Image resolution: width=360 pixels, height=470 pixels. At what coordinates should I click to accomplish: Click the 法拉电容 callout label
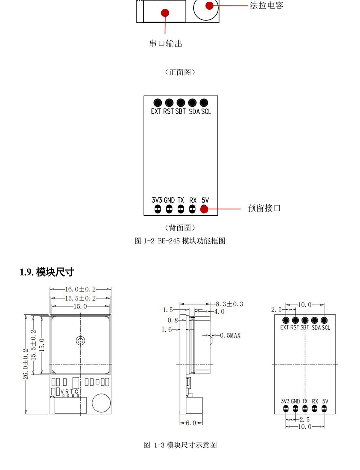tap(266, 5)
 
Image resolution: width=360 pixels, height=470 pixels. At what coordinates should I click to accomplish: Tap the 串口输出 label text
tap(166, 44)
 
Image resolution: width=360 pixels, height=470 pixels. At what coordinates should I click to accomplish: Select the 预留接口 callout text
tap(264, 208)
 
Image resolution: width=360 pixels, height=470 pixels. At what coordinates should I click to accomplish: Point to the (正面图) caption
tap(180, 72)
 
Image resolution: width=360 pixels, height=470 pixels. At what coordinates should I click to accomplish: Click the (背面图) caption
tap(180, 228)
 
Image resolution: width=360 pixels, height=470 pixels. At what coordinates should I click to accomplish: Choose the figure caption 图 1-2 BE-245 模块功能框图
tap(180, 241)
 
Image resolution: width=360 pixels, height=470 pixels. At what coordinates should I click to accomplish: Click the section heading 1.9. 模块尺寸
tap(47, 272)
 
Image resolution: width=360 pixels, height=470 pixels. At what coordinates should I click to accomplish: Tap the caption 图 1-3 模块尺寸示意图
tap(180, 445)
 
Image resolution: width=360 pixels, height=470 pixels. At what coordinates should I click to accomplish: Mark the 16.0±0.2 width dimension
tap(80, 289)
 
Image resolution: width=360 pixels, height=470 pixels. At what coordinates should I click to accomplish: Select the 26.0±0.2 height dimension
tap(26, 364)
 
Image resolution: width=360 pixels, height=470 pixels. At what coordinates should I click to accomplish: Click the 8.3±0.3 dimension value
tap(229, 304)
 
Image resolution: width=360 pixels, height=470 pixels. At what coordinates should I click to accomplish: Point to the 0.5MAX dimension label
tap(230, 335)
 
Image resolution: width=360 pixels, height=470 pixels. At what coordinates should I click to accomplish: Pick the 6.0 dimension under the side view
tap(191, 423)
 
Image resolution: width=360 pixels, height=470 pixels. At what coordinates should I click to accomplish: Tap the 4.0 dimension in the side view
tap(219, 311)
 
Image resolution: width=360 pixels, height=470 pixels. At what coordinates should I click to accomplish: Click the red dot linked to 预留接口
tap(204, 209)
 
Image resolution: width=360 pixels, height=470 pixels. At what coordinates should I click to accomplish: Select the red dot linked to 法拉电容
tap(209, 6)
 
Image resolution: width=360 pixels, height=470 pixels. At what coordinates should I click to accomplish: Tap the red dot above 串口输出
tap(165, 13)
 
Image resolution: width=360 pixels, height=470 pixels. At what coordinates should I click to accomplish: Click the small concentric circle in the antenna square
tap(80, 341)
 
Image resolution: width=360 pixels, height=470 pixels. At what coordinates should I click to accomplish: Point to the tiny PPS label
tap(52, 397)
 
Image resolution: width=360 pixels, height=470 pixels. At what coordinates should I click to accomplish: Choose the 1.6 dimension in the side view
tap(166, 330)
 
